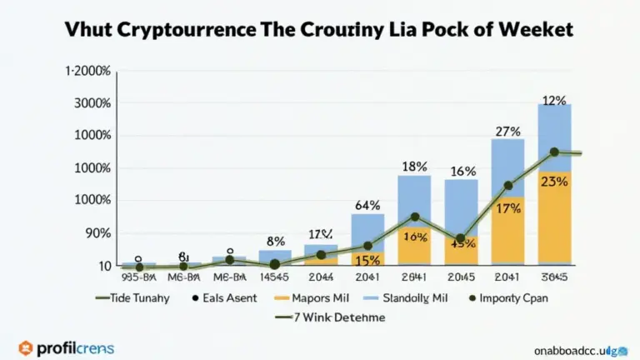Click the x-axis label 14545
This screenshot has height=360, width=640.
pyautogui.click(x=274, y=277)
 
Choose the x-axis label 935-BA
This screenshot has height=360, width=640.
pyautogui.click(x=138, y=277)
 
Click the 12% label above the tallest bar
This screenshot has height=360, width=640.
pyautogui.click(x=554, y=101)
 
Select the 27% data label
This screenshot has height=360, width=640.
pyautogui.click(x=508, y=131)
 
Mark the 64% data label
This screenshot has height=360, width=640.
pyautogui.click(x=367, y=205)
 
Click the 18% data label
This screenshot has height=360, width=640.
pyautogui.click(x=414, y=167)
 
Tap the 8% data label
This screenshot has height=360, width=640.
pyautogui.click(x=275, y=242)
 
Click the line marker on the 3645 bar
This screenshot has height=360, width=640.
pyautogui.click(x=554, y=152)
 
